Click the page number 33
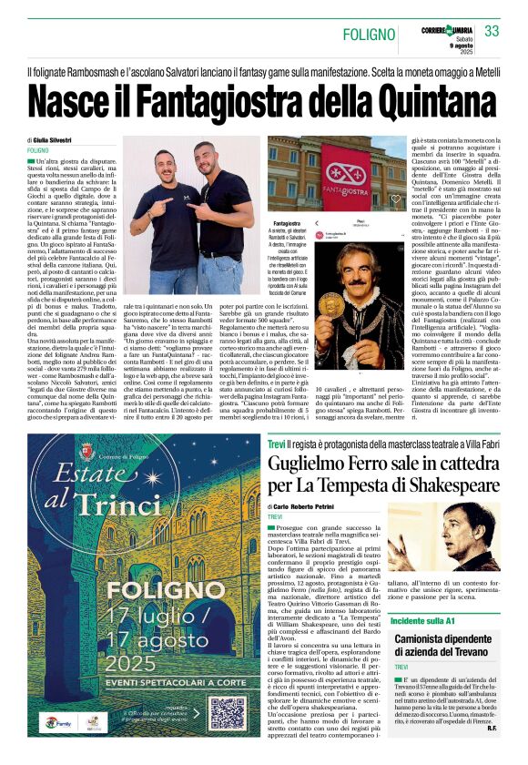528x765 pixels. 492,31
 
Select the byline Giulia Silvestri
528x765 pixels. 60,139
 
